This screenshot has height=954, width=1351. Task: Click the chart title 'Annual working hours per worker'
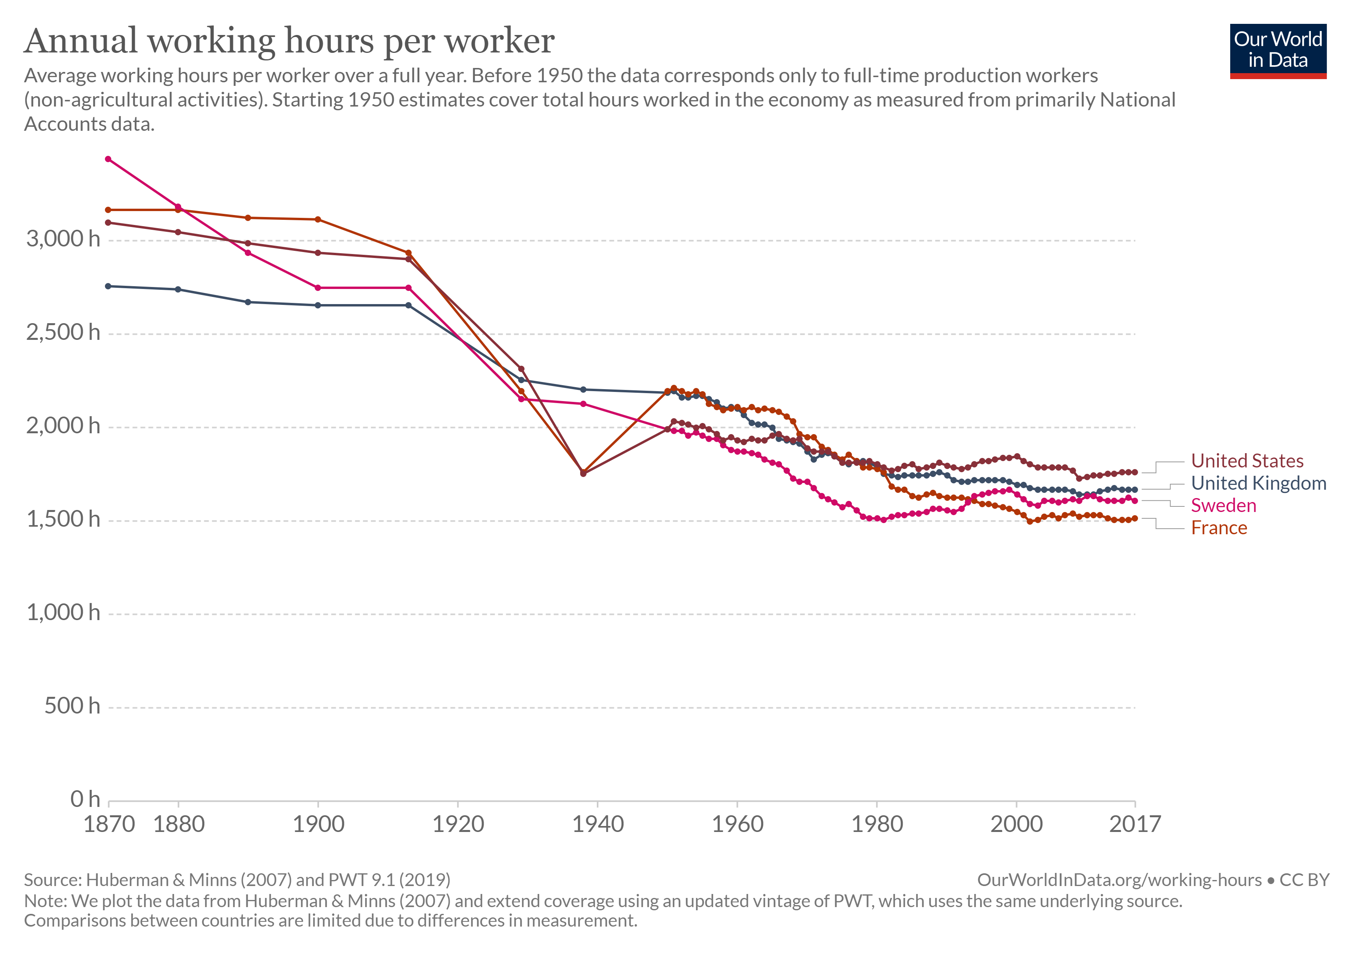[289, 41]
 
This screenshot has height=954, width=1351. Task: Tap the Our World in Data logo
[1277, 50]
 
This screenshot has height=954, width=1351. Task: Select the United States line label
[1247, 461]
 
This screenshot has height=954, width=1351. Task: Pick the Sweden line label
[1223, 506]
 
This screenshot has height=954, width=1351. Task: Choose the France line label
[1219, 528]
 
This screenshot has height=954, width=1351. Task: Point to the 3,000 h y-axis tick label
[63, 239]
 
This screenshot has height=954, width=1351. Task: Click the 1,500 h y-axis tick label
[63, 520]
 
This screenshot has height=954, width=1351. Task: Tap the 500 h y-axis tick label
[72, 706]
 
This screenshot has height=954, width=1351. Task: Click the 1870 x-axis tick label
[109, 824]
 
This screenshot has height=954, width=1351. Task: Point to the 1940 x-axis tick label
[597, 824]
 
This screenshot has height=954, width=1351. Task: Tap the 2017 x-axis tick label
[1134, 824]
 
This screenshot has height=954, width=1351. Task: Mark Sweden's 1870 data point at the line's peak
[108, 159]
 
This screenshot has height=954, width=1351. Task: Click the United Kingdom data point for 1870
[108, 287]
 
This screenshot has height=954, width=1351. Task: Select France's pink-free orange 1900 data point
[318, 219]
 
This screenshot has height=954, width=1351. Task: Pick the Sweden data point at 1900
[318, 288]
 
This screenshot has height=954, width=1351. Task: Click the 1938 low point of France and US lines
[583, 473]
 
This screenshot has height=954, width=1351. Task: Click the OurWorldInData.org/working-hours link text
[1119, 880]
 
